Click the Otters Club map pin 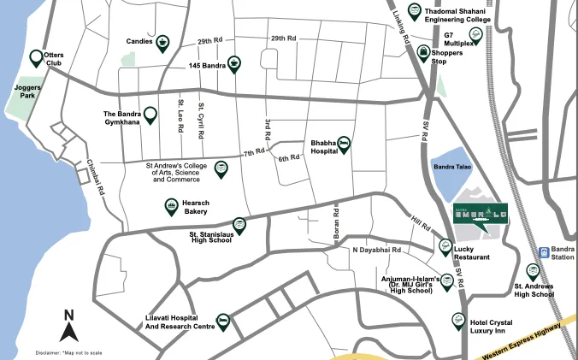[37, 57]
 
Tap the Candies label [139, 40]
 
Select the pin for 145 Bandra [233, 63]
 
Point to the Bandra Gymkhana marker [150, 115]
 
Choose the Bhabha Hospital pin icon [344, 144]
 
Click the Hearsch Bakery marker [170, 206]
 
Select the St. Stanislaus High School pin [240, 225]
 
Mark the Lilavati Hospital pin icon [223, 322]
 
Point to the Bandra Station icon [543, 252]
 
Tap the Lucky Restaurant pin [445, 246]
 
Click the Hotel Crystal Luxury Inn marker [458, 321]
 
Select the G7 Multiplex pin [476, 34]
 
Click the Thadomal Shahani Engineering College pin [414, 11]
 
